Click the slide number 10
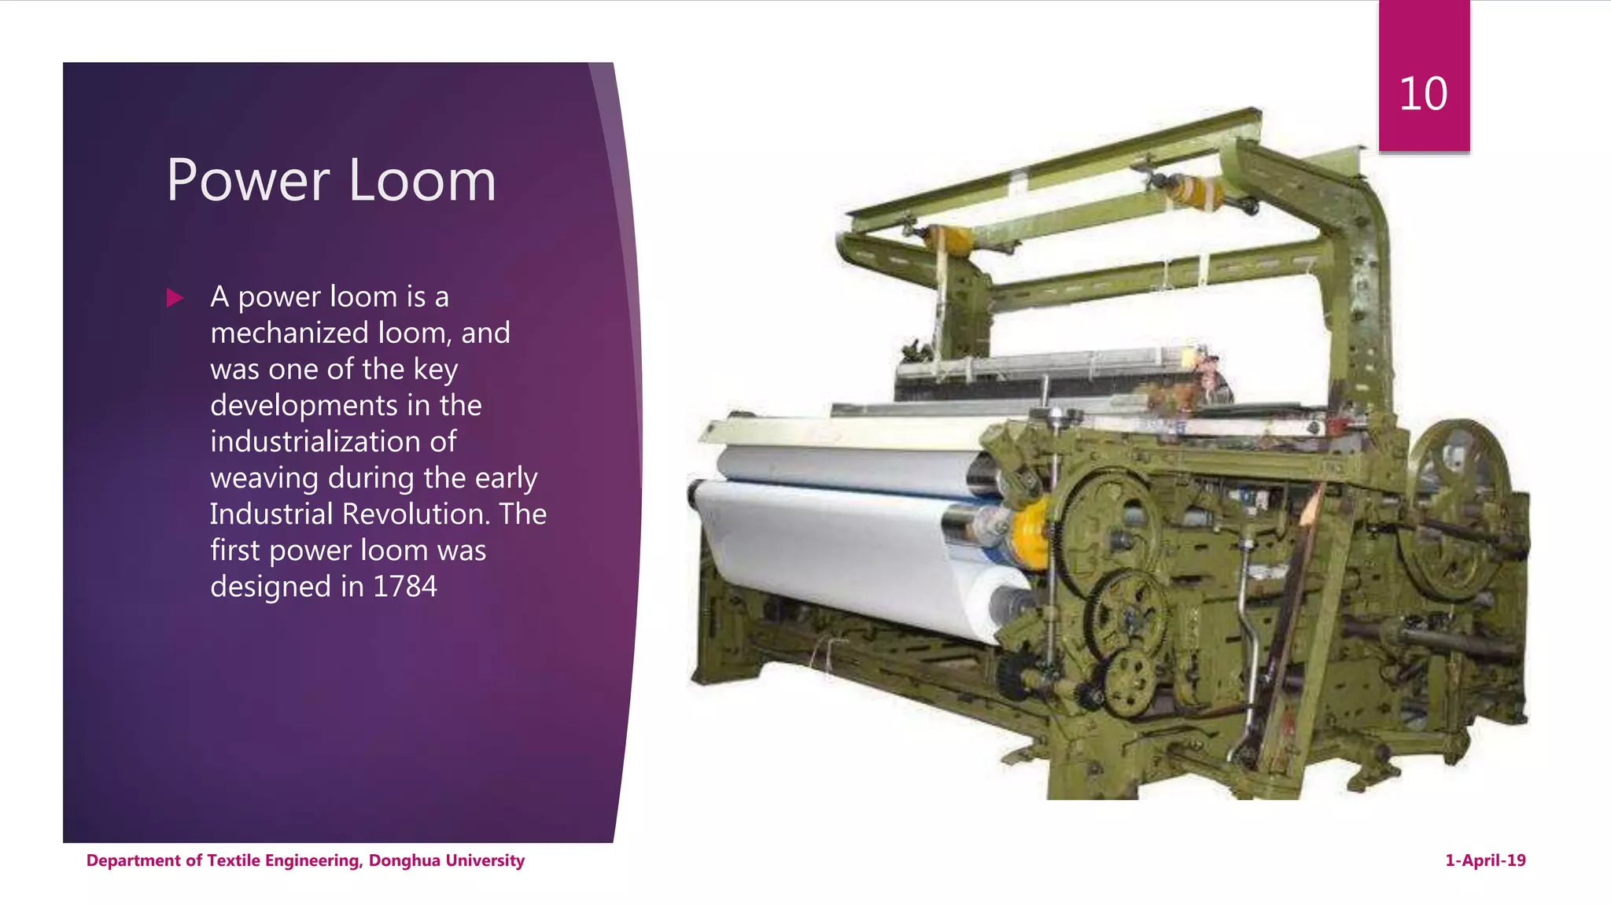1423,94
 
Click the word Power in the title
248,181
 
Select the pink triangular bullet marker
175,298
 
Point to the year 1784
404,587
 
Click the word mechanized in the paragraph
289,333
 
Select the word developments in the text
304,406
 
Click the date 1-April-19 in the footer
1485,860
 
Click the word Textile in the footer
234,860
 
